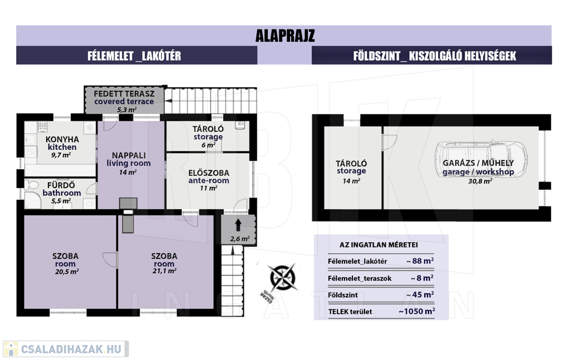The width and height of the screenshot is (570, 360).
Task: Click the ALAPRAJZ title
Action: (x=285, y=36)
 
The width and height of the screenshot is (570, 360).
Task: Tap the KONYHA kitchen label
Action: (x=62, y=143)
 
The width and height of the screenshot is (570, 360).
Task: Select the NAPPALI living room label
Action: (x=129, y=160)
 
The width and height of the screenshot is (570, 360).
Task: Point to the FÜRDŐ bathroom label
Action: (x=61, y=189)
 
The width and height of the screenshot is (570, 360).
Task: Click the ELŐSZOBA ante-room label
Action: (x=209, y=176)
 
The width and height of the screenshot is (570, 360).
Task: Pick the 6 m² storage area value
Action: (x=209, y=145)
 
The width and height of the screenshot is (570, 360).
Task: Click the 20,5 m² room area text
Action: (x=67, y=272)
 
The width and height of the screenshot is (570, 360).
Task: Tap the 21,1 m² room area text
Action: (x=165, y=270)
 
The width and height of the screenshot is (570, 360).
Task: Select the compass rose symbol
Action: (x=282, y=278)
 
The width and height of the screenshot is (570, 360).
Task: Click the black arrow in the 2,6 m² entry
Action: (x=238, y=225)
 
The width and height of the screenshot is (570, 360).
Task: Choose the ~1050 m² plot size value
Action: (x=416, y=312)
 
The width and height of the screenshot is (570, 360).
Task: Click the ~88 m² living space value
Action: (x=420, y=261)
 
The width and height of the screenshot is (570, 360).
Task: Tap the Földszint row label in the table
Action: (x=343, y=295)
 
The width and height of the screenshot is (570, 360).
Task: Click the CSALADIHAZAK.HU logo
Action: (x=66, y=349)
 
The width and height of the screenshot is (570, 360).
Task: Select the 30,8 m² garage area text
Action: (x=480, y=181)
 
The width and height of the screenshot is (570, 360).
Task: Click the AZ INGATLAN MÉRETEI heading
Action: (x=379, y=245)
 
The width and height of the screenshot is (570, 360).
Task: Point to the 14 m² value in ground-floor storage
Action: (x=351, y=181)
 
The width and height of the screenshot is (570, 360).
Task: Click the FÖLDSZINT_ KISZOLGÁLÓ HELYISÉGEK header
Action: (x=435, y=56)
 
